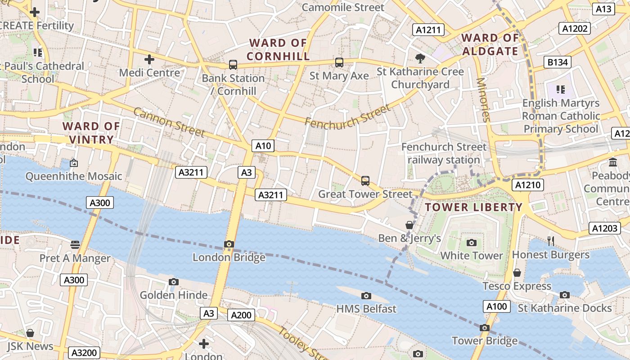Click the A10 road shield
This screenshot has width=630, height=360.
point(263,146)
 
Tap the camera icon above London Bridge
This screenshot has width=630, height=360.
point(229,244)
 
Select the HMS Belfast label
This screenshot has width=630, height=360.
point(366,309)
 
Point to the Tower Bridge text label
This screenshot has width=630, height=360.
point(484,341)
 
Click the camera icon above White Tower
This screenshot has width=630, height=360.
point(472,243)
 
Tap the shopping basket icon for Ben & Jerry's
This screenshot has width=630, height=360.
point(409,225)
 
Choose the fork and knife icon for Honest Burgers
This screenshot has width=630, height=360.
point(551,241)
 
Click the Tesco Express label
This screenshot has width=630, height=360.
point(517,286)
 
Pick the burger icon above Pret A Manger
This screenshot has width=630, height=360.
point(75,245)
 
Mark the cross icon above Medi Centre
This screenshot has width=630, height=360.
point(149,59)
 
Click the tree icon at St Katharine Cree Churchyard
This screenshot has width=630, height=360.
point(420,58)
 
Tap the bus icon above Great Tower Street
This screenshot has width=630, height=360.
point(365,181)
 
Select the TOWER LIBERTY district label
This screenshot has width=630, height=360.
point(473,207)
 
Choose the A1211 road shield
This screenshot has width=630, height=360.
point(428,30)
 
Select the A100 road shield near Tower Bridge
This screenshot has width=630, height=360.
point(497,307)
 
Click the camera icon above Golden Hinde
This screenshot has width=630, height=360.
point(174,282)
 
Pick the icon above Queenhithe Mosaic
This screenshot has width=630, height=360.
point(74,163)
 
